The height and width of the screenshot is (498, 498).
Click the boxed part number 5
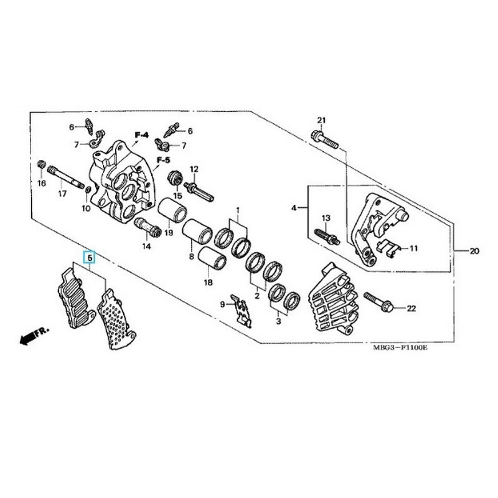coord(89,256)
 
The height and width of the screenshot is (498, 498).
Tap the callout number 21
coord(321,120)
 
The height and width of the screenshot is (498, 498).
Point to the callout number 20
coord(474,251)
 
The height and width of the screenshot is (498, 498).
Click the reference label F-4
coord(142,135)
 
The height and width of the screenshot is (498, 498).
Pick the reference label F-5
coord(163,160)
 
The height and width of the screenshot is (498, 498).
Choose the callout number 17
coord(62,194)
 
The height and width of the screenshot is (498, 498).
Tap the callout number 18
coord(208,282)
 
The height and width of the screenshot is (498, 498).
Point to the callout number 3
coord(278,321)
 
